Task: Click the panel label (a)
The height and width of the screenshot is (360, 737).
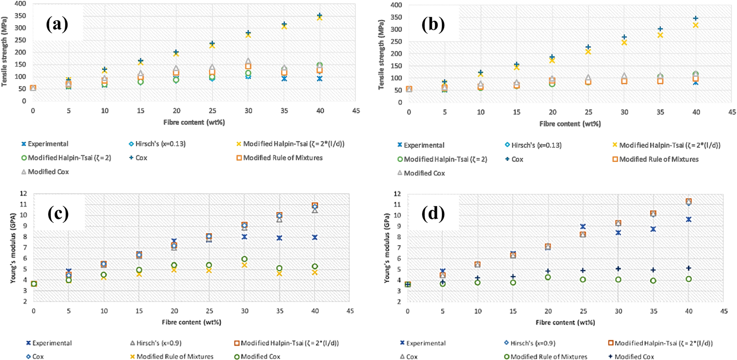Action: pyautogui.click(x=57, y=25)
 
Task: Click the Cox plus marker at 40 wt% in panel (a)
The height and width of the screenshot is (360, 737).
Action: pyautogui.click(x=319, y=16)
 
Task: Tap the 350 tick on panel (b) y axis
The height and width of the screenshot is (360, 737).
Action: pyautogui.click(x=397, y=17)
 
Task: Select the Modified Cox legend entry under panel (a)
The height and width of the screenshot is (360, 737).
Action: pyautogui.click(x=45, y=172)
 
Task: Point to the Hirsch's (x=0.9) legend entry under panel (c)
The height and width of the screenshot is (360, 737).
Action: pyautogui.click(x=156, y=343)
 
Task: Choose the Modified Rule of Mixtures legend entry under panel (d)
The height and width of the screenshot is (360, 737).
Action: pyautogui.click(x=545, y=356)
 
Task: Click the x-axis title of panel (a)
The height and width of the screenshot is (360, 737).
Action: pyautogui.click(x=194, y=122)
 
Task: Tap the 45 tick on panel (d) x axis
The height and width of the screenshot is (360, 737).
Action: pyautogui.click(x=724, y=311)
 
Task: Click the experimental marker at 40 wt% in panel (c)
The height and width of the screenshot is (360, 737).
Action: pyautogui.click(x=315, y=237)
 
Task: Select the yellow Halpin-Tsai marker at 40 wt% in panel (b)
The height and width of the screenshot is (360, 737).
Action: pyautogui.click(x=695, y=25)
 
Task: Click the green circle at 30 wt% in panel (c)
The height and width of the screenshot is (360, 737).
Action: pyautogui.click(x=244, y=259)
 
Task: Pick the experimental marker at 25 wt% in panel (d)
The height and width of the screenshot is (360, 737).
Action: pyautogui.click(x=583, y=227)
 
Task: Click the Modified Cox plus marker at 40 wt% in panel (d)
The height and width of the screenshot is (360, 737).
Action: pyautogui.click(x=689, y=268)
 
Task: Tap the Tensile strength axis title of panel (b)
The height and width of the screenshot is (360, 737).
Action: pyautogui.click(x=381, y=54)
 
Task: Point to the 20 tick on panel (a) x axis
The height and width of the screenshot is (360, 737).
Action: pyautogui.click(x=176, y=111)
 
